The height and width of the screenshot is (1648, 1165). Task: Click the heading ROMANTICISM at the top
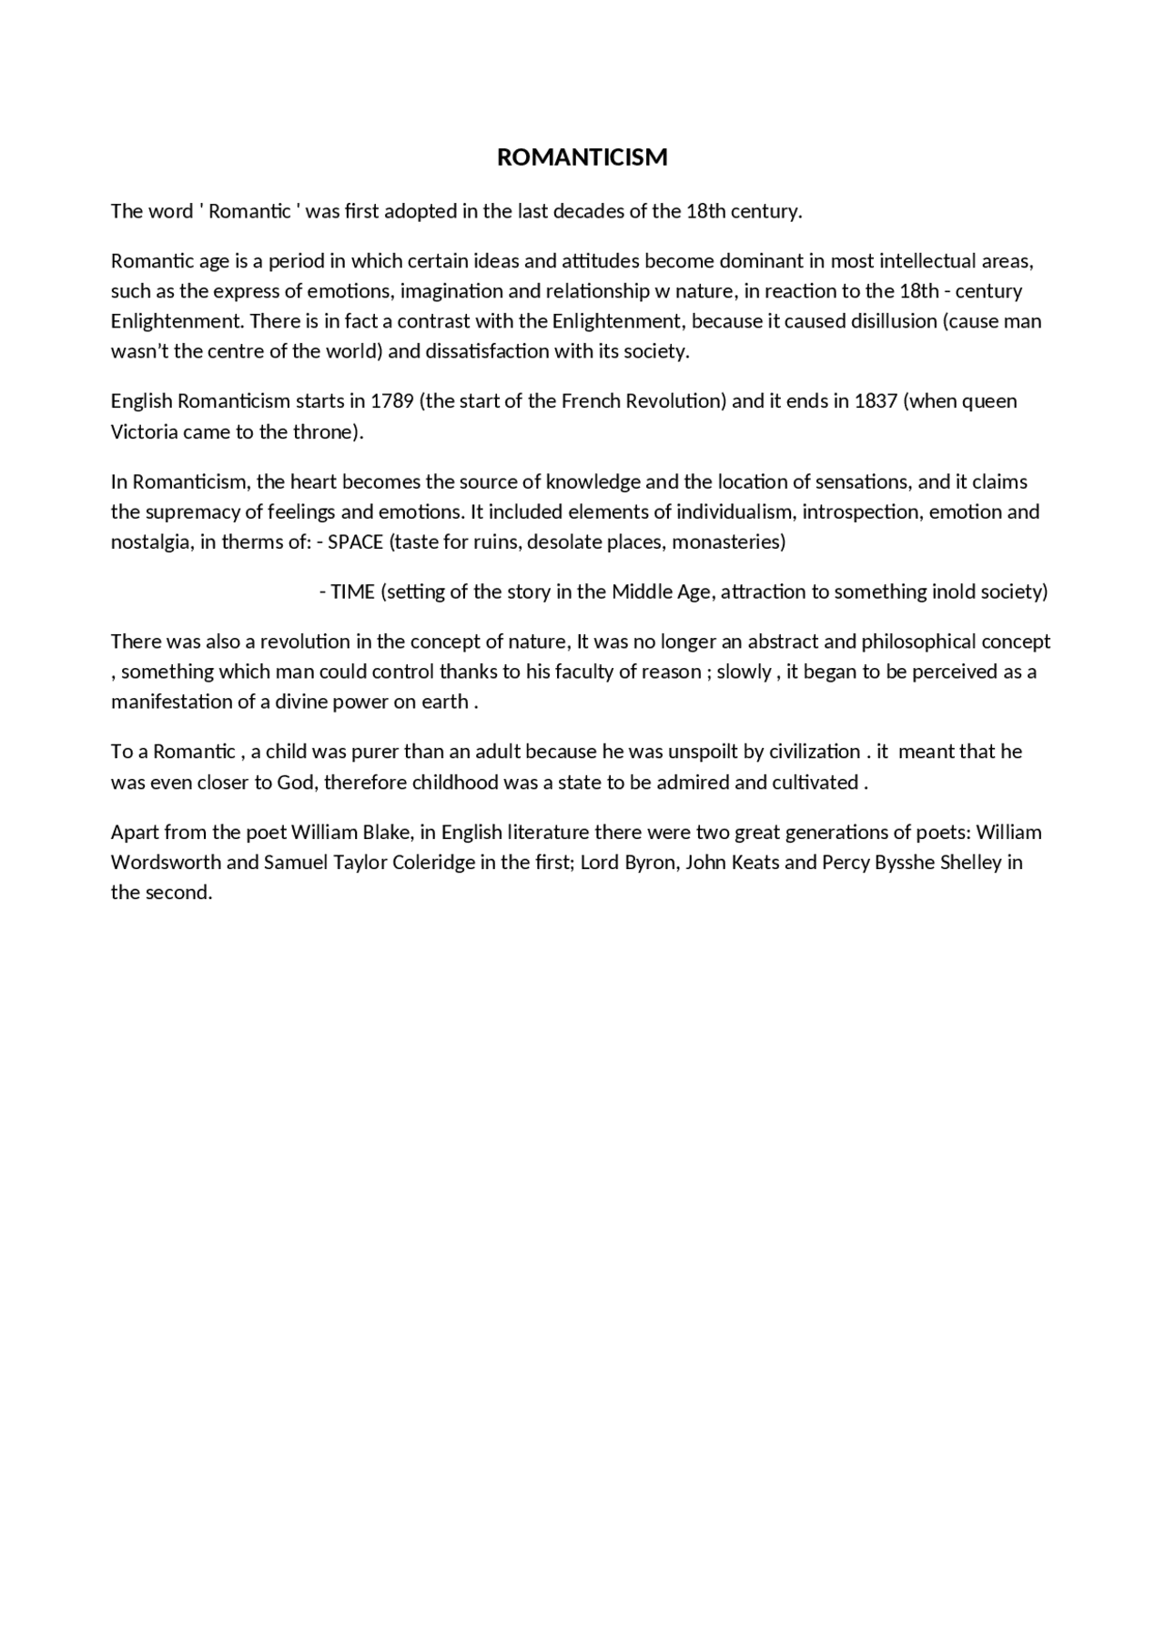(582, 157)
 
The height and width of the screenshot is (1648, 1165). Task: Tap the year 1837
(876, 401)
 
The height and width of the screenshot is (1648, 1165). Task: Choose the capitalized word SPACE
(355, 542)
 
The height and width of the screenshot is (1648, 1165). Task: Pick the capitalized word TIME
(352, 592)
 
